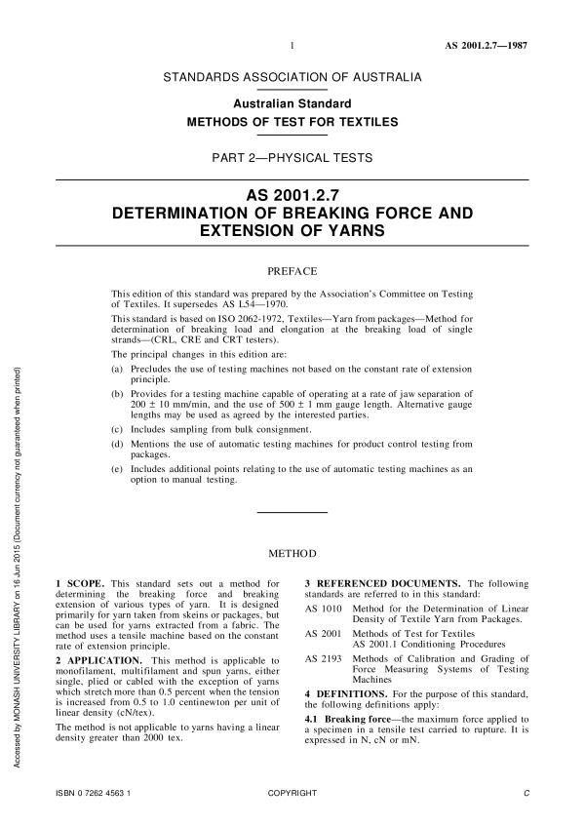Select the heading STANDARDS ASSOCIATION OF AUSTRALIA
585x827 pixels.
click(x=292, y=76)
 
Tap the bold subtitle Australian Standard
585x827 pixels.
click(x=292, y=103)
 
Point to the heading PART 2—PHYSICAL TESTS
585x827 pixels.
click(x=292, y=157)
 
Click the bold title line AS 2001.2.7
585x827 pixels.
click(x=292, y=194)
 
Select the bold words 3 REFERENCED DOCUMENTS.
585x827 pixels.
click(x=380, y=584)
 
